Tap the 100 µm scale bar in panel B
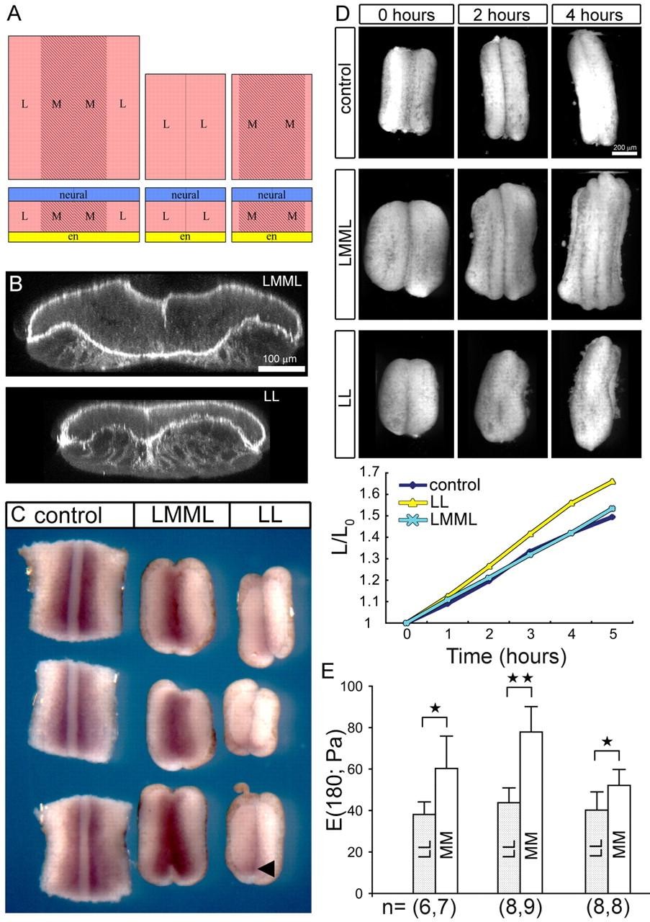(281, 368)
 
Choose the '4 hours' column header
(595, 14)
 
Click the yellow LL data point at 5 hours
(613, 481)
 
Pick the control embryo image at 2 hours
(501, 93)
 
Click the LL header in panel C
(269, 515)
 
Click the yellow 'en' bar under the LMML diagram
(73, 236)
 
